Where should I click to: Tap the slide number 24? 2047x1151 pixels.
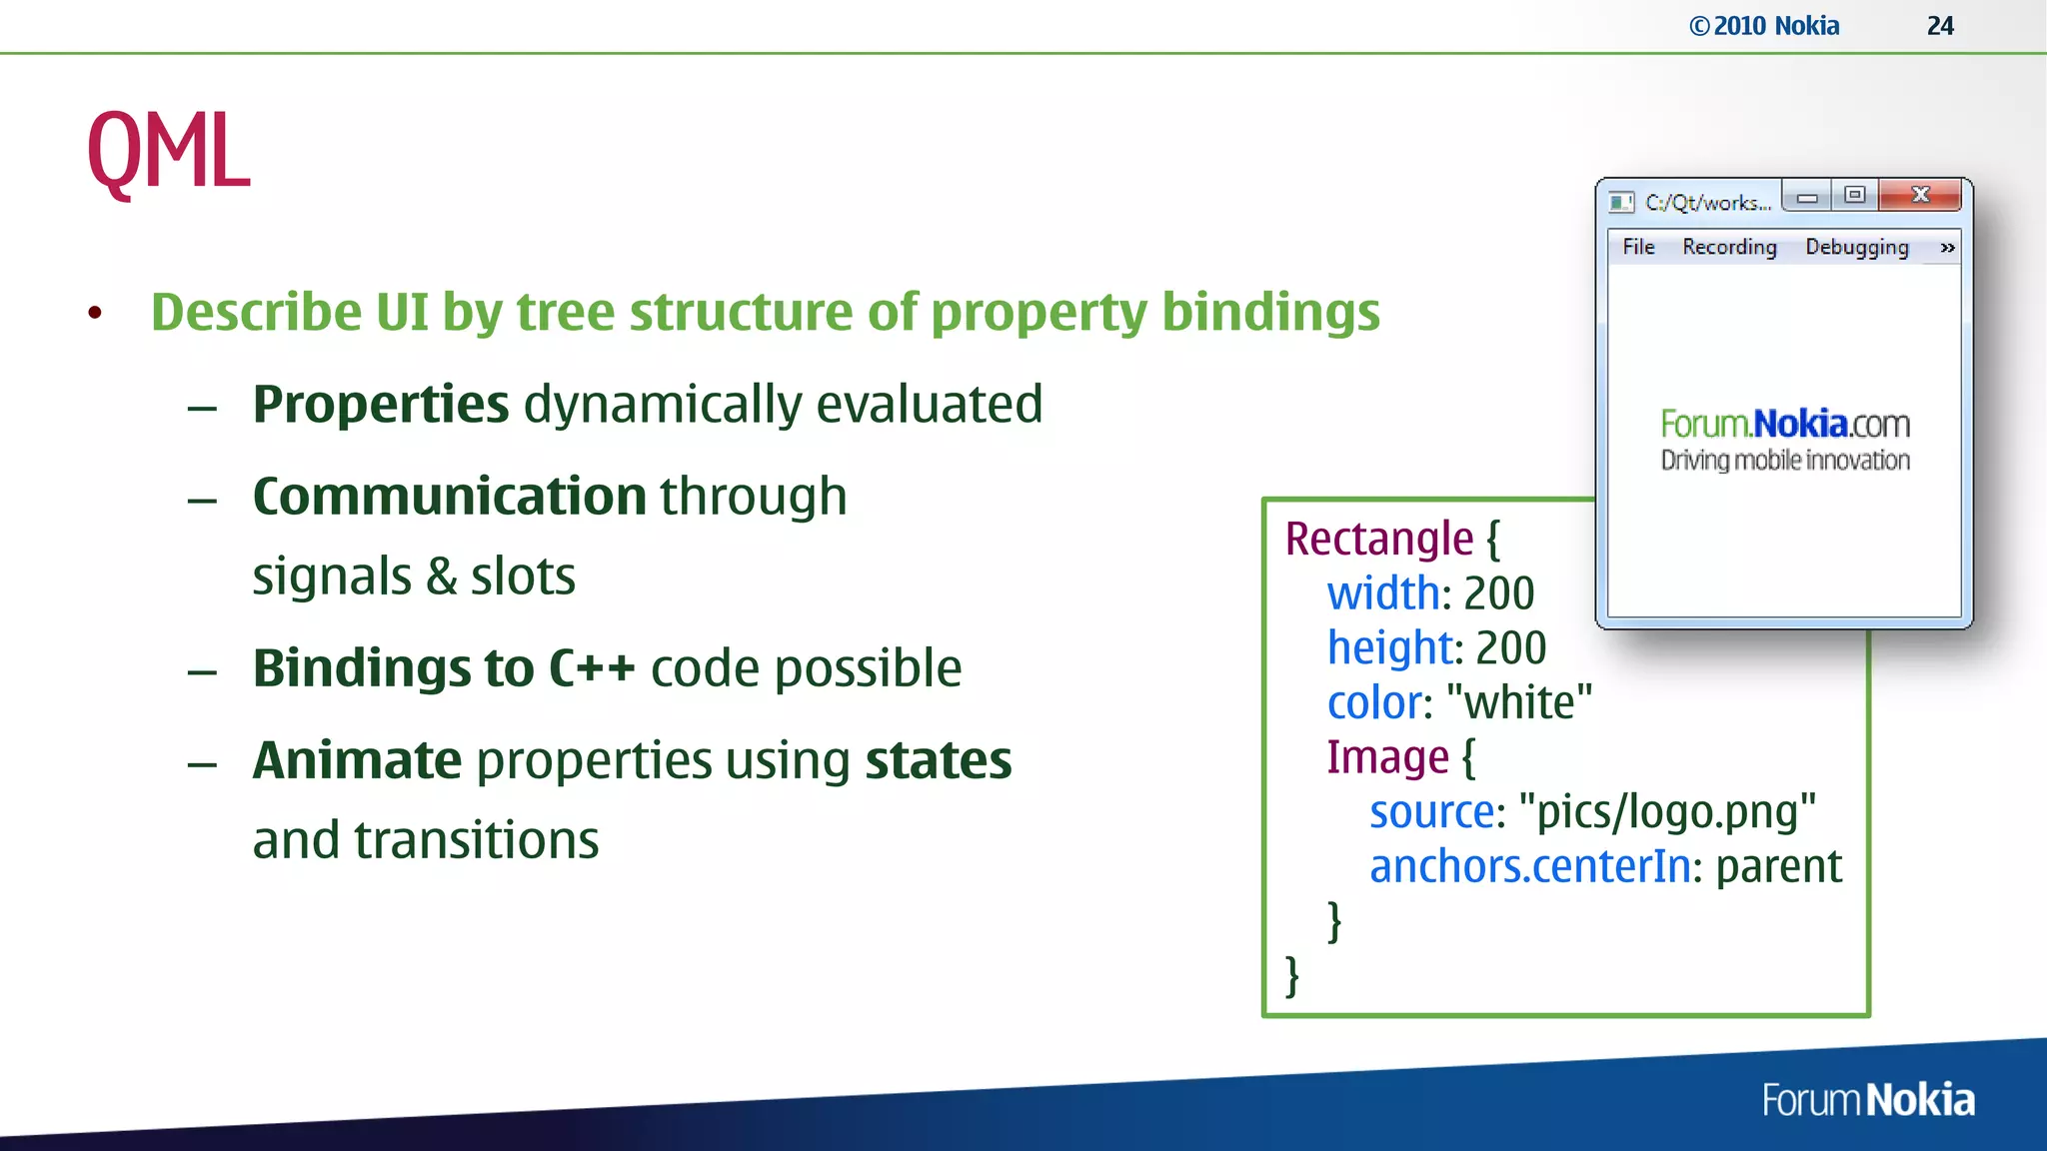(1940, 26)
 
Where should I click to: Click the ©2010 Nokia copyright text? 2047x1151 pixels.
(1764, 26)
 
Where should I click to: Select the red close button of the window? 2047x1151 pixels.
(1919, 195)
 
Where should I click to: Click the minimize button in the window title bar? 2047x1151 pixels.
(1807, 197)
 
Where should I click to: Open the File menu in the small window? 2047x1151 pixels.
(1638, 247)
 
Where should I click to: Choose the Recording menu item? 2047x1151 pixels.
(1729, 247)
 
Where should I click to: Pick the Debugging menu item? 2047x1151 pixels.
(1856, 247)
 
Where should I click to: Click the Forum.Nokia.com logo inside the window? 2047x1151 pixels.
(1785, 438)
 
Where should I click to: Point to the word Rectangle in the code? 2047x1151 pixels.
(1378, 539)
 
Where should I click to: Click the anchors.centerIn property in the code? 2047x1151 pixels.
(1529, 866)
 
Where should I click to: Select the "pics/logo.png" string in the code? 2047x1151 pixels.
(1666, 811)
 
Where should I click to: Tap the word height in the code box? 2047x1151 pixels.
(1388, 647)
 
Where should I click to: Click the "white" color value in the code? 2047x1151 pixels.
(1519, 702)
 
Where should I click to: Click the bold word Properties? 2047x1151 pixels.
(381, 404)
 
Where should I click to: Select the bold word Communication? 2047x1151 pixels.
(449, 496)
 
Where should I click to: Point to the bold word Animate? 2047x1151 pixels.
(357, 760)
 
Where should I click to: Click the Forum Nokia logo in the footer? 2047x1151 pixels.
(1868, 1100)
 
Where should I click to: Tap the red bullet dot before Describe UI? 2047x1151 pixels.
(95, 313)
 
